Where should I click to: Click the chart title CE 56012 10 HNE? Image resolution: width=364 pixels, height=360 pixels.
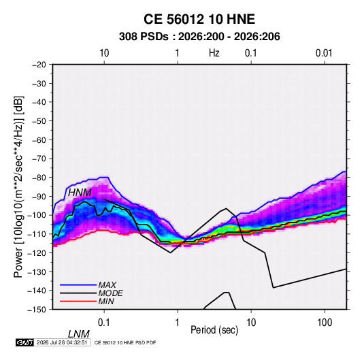coord(199,19)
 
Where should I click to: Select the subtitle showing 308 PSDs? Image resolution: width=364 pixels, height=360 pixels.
coord(199,37)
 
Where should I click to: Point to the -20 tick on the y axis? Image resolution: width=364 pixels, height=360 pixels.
coord(39,65)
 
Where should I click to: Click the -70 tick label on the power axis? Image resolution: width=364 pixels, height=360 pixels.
coord(39,159)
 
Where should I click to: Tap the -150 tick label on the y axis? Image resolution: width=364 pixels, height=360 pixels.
coord(37,310)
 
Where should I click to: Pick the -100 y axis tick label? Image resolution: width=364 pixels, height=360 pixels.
coord(37,215)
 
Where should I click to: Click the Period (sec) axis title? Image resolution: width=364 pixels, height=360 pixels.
coord(214,330)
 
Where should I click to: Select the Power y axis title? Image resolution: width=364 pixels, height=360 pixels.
coord(18,187)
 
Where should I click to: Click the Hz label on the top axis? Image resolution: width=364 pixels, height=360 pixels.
coord(214,53)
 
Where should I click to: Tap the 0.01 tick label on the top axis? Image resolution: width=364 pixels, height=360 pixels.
coord(324,53)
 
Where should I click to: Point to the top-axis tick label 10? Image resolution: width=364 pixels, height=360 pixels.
coord(104,53)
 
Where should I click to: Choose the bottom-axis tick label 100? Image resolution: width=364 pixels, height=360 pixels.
coord(325,323)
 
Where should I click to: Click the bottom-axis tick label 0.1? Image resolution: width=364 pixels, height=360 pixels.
coord(104,323)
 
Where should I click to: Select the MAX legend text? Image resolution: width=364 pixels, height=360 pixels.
coord(107,285)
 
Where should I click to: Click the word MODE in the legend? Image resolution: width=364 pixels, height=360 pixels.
coord(110,293)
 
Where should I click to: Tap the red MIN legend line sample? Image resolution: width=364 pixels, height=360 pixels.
coord(78,301)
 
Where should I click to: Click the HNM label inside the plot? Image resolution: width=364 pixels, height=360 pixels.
coord(80,193)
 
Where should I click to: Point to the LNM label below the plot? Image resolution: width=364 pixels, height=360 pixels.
coord(79,334)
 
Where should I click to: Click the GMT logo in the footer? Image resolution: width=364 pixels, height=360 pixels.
coord(25,342)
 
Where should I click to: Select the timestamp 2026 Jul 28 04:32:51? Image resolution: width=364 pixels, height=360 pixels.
coord(62,342)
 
